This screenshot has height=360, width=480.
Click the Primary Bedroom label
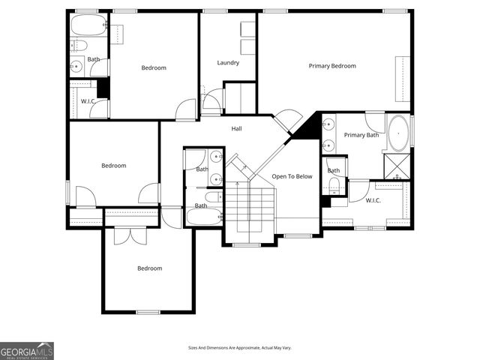click(x=332, y=66)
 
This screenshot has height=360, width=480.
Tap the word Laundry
click(x=228, y=63)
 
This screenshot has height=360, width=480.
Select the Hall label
click(x=236, y=129)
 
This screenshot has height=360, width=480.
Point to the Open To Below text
click(x=292, y=176)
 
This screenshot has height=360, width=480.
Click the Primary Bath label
click(x=361, y=135)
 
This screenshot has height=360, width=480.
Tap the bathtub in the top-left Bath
click(x=88, y=26)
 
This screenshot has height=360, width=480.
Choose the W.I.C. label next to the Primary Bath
click(x=373, y=200)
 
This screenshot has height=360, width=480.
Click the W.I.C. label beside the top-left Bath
click(x=87, y=100)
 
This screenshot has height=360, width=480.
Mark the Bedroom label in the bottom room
click(x=149, y=268)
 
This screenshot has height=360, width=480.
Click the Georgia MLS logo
click(x=27, y=351)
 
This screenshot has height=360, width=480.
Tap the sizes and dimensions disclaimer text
click(x=240, y=348)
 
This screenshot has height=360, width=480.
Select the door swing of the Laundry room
click(x=212, y=100)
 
